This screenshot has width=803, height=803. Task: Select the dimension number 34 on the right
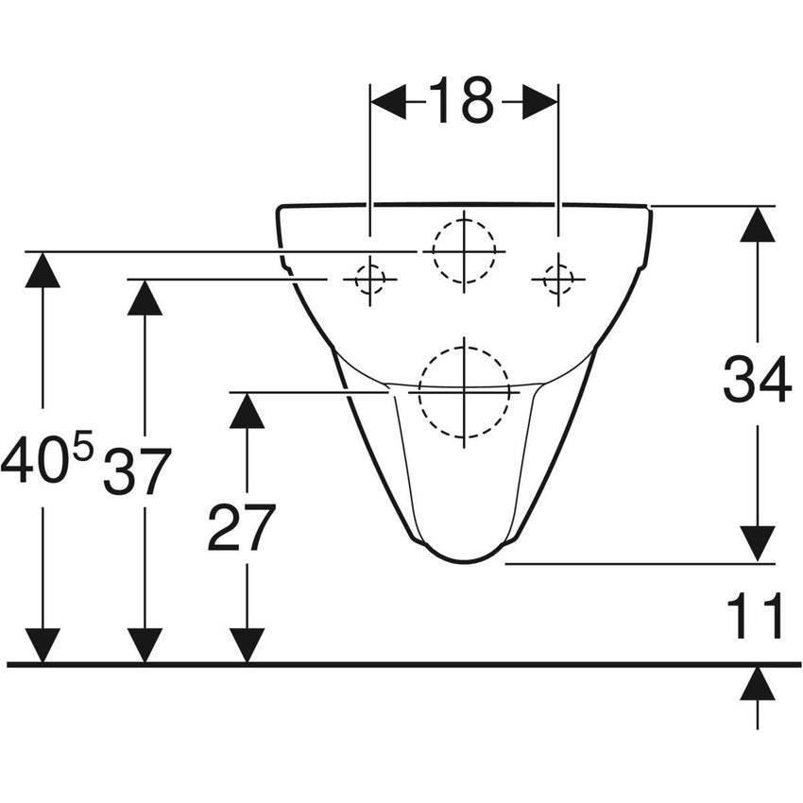click(x=757, y=383)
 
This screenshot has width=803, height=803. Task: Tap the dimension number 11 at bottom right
click(x=756, y=617)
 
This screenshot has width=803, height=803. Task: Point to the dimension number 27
click(x=242, y=528)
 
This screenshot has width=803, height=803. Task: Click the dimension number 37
click(x=138, y=471)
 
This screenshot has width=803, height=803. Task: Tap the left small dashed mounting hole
click(x=370, y=279)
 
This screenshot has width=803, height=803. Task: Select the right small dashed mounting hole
click(x=558, y=279)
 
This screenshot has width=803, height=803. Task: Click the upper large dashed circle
click(x=464, y=250)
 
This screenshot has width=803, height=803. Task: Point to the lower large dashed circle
click(x=464, y=390)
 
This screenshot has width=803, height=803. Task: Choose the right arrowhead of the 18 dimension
click(x=540, y=101)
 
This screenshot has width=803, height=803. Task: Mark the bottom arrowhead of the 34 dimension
click(x=758, y=544)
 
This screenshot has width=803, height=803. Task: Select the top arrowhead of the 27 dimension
click(x=247, y=410)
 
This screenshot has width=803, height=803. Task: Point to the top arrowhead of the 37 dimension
click(x=145, y=298)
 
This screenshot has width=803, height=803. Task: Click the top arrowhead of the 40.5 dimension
click(x=43, y=269)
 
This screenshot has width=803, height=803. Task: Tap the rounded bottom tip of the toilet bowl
click(x=464, y=557)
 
